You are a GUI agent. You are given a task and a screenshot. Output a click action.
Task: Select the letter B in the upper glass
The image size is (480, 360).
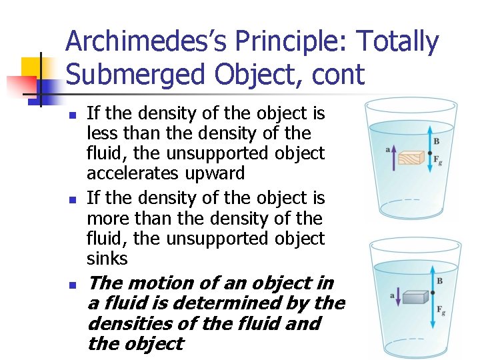pyautogui.click(x=437, y=141)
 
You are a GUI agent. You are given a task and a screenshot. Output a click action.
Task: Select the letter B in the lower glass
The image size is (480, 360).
pyautogui.click(x=439, y=281)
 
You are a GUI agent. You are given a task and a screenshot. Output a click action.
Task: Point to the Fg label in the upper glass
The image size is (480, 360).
pyautogui.click(x=437, y=160)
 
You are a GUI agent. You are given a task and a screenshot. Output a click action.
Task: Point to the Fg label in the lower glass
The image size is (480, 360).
pyautogui.click(x=441, y=311)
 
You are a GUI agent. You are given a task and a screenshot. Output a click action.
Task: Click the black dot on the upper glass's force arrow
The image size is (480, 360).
pyautogui.click(x=431, y=153)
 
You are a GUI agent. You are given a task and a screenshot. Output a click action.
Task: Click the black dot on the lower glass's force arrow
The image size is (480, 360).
pyautogui.click(x=432, y=293)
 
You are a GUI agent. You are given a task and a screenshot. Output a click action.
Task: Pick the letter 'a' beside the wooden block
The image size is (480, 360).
pyautogui.click(x=387, y=149)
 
